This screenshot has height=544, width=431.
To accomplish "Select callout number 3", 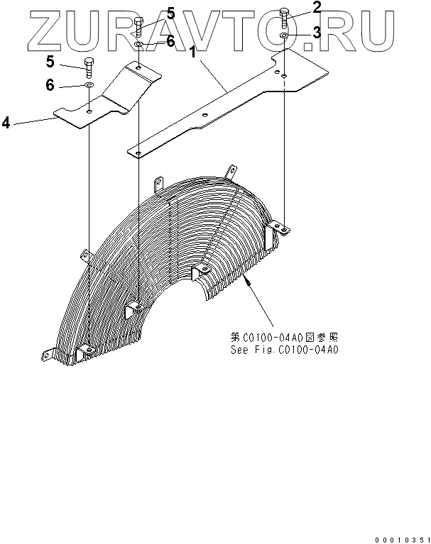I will pos(317,33).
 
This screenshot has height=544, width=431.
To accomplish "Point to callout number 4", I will pos(6,123).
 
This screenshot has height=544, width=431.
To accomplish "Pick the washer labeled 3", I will pos(284,35).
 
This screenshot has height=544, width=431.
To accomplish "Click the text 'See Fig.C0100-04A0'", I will pos(284,350).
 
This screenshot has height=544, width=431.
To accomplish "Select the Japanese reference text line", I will pos(284,338).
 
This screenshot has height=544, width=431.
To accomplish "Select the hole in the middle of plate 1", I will pos(205,115).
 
